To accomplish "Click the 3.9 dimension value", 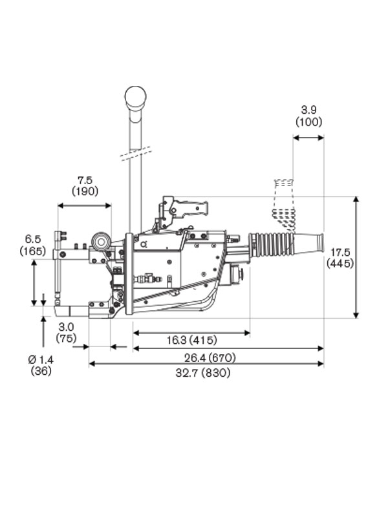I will click(x=308, y=110).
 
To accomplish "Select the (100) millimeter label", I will click(x=308, y=121).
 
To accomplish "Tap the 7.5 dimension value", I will click(x=85, y=179).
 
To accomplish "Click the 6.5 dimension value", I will click(x=32, y=239).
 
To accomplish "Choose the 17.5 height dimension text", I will click(x=340, y=251).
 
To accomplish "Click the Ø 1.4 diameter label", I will click(x=41, y=359).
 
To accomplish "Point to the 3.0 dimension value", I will click(x=66, y=326).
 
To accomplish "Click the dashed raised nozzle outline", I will click(x=283, y=200).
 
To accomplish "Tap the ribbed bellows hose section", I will click(x=272, y=244).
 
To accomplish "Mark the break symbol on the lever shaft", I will click(x=135, y=154).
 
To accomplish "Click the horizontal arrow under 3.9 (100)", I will click(x=308, y=137).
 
